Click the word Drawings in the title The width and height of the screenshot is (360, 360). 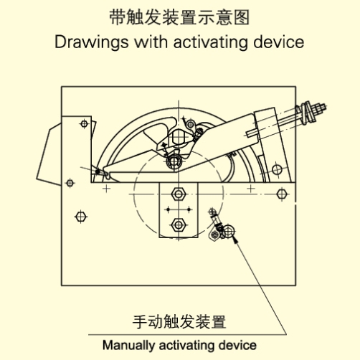click(x=91, y=42)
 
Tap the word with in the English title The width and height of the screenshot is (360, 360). click(x=151, y=42)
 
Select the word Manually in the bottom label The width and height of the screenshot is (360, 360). click(x=128, y=346)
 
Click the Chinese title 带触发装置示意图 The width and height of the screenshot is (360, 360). click(x=179, y=17)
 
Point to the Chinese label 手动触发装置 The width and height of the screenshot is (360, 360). click(x=179, y=322)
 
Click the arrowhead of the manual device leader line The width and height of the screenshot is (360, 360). click(x=235, y=239)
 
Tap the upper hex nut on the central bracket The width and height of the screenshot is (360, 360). click(x=179, y=194)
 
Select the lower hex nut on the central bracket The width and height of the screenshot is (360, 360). click(x=179, y=225)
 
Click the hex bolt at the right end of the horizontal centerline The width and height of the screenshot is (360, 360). click(x=282, y=194)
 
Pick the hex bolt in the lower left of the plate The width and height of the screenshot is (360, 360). click(x=81, y=217)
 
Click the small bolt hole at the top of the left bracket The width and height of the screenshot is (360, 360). click(x=84, y=124)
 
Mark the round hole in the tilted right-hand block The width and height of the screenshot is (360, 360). click(x=277, y=169)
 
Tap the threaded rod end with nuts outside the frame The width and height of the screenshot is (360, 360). click(x=311, y=113)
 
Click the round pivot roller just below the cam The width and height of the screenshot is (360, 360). click(x=174, y=161)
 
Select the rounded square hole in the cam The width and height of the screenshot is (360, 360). click(x=179, y=136)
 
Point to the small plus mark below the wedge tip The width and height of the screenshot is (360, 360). click(x=107, y=189)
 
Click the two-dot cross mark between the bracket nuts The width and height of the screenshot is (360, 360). click(x=179, y=209)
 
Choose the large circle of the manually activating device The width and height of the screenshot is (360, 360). click(x=229, y=231)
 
